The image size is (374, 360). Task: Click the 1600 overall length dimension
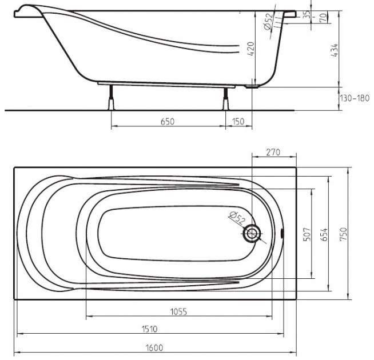tap(154, 348)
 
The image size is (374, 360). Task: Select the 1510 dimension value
tap(150, 329)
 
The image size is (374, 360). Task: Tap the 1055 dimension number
tap(178, 312)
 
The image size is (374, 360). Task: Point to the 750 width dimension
tap(343, 234)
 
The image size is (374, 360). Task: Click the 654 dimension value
tap(324, 235)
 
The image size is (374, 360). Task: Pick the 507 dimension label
tap(307, 234)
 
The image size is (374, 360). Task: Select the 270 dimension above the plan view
tap(273, 152)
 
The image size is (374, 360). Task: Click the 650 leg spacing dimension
tap(168, 122)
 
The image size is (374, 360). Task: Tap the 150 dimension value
tap(238, 122)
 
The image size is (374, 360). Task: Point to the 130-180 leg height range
tap(355, 98)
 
